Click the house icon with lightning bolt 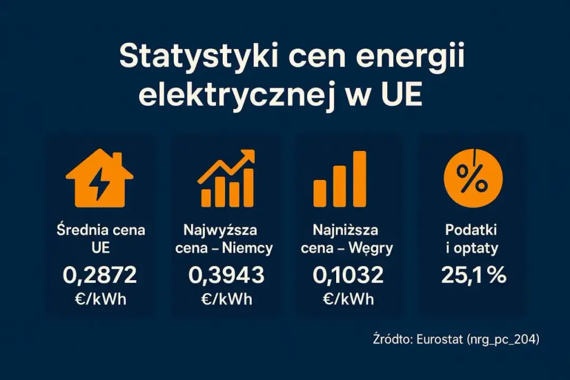pos(100,178)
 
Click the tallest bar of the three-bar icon pos(359,178)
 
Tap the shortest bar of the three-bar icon pos(320,193)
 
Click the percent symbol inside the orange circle pos(472,178)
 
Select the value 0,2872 pos(100,275)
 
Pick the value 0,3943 pos(226,275)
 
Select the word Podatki pos(471,230)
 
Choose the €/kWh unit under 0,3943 pos(226,299)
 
